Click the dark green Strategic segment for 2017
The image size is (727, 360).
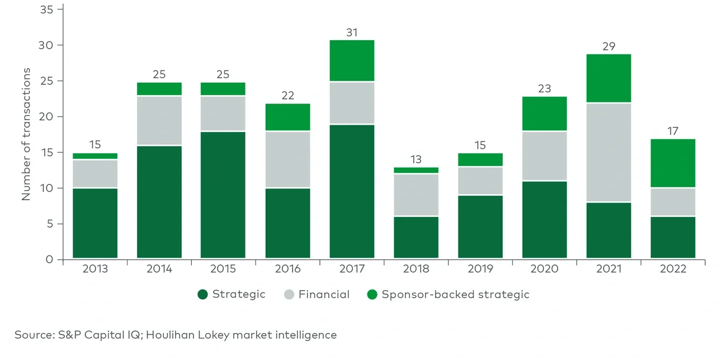click(352, 191)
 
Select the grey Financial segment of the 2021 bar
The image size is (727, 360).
click(608, 152)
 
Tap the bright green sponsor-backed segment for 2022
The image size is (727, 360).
click(673, 163)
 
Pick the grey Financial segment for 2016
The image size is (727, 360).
click(287, 159)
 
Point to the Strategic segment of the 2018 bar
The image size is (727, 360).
click(416, 238)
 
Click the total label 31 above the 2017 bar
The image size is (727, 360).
click(352, 32)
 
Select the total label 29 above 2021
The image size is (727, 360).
click(608, 46)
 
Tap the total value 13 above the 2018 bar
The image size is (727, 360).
click(416, 160)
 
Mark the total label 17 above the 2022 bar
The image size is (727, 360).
click(673, 131)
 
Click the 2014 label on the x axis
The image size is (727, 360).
click(159, 269)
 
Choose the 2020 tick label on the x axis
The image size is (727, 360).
click(544, 269)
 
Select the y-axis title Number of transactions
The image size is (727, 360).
click(26, 134)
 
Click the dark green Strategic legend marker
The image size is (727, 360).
click(202, 295)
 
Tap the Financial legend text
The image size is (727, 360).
click(324, 295)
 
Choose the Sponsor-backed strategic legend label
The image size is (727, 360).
click(455, 295)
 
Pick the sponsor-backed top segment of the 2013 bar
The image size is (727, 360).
click(95, 156)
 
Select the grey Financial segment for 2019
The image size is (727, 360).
click(480, 181)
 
